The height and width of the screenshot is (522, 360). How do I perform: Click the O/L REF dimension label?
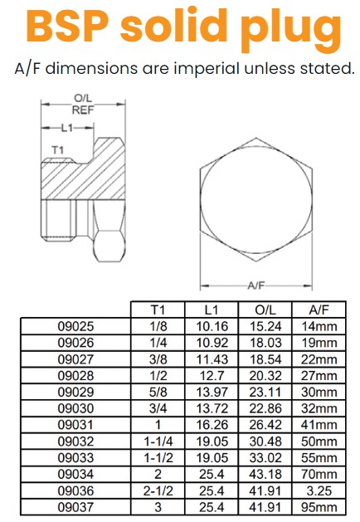click(x=81, y=103)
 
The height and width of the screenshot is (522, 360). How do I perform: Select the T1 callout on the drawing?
click(x=58, y=149)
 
